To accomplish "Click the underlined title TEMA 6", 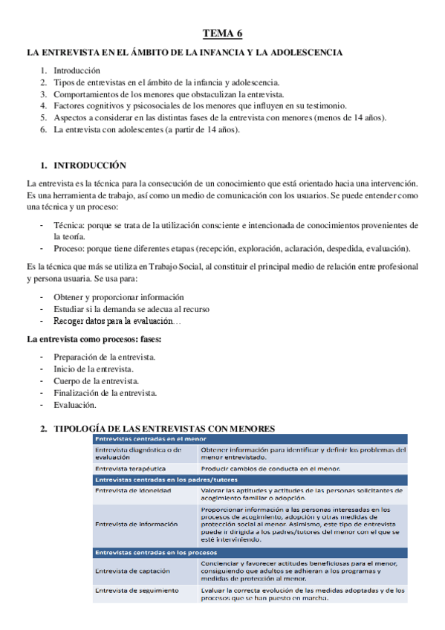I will coord(223,33).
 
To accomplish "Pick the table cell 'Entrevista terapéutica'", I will coord(130,470).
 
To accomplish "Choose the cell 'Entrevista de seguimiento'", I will coord(137,591).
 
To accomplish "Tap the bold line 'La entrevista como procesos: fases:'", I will coord(94,339).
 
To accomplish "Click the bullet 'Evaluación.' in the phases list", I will coord(75,405).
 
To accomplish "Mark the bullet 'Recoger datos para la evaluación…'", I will coord(117,321).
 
